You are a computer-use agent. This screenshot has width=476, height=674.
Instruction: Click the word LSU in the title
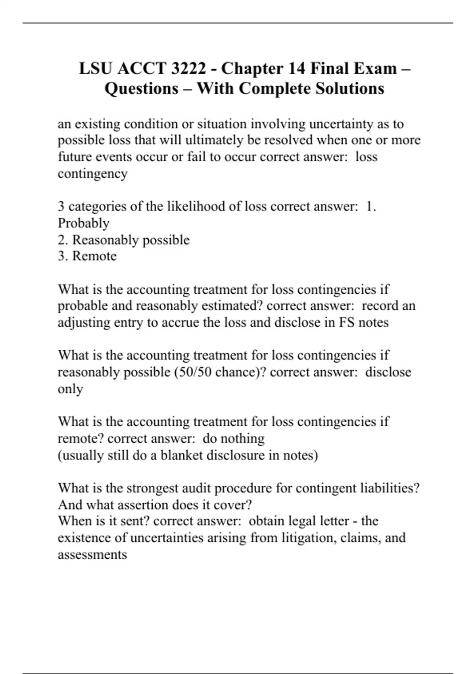coord(96,69)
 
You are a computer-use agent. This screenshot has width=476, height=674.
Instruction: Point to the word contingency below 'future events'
coord(92,174)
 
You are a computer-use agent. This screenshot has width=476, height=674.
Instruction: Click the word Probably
coord(83,223)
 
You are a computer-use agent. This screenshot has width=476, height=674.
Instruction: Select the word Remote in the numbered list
coord(94,256)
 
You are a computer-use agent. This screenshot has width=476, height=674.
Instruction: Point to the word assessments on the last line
coord(92,555)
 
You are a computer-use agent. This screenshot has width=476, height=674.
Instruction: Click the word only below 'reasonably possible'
coord(70,389)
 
